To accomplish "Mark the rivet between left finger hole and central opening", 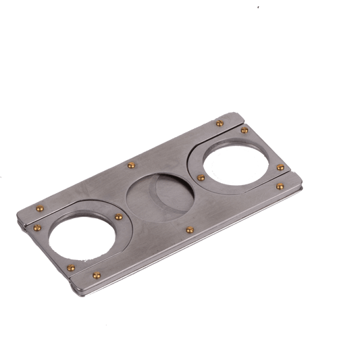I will pyautogui.click(x=118, y=217).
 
